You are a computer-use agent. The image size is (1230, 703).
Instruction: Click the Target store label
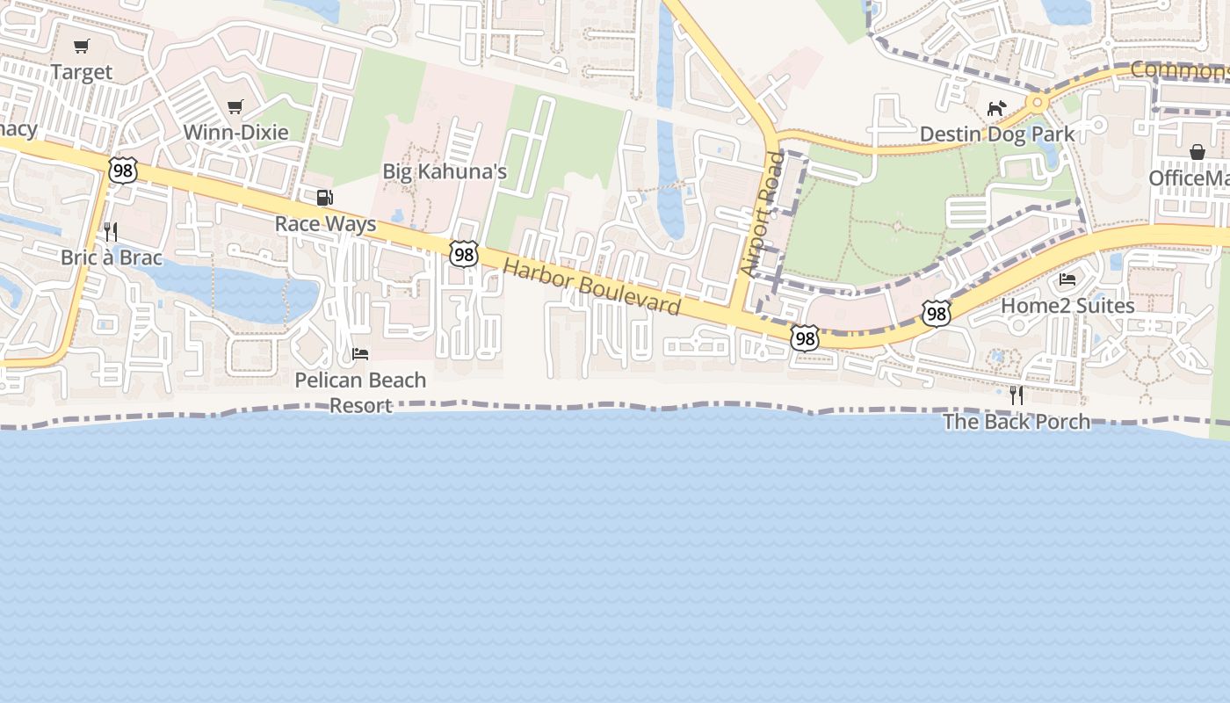click(82, 72)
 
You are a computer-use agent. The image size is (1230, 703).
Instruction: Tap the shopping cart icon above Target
click(82, 46)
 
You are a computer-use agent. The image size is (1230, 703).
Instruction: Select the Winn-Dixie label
click(235, 133)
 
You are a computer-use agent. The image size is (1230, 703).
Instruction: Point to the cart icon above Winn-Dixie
click(235, 107)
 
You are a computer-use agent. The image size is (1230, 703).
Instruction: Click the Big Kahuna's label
click(445, 171)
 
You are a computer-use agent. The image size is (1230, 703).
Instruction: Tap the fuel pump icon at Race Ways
click(325, 198)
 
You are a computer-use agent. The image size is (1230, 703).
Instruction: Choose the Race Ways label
click(325, 224)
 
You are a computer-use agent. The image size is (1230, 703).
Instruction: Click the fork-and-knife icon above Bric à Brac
click(111, 232)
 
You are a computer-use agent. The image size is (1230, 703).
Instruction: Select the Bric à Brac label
click(112, 258)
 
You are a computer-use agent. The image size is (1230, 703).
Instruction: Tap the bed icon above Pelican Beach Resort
click(360, 354)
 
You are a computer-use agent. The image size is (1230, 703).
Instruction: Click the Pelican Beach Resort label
click(360, 393)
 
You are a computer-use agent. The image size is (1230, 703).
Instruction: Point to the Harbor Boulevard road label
click(592, 287)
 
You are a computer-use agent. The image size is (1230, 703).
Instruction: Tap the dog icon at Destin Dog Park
click(996, 109)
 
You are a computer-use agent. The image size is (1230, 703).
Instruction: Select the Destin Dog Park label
click(997, 134)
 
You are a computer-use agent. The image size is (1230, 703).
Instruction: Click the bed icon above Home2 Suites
click(1067, 279)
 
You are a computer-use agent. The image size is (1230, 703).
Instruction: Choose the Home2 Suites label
click(1067, 306)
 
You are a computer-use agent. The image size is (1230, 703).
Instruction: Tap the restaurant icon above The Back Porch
click(1017, 395)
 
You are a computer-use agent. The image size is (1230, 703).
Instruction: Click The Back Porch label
click(1017, 422)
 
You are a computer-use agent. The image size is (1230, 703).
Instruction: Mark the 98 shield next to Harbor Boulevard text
click(463, 255)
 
